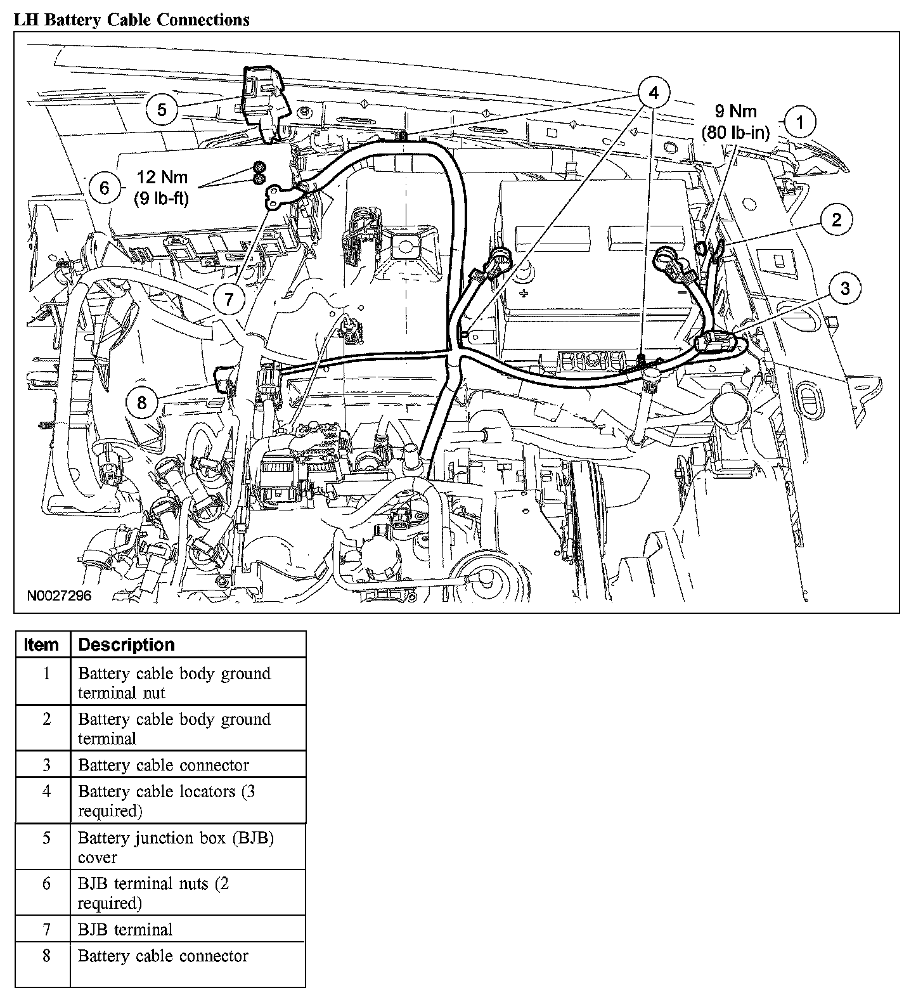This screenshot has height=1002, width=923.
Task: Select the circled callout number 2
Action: [x=837, y=220]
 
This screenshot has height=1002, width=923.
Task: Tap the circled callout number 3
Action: [x=845, y=289]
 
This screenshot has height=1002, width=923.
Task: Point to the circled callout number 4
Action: [x=653, y=93]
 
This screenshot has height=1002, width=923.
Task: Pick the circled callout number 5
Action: [x=162, y=110]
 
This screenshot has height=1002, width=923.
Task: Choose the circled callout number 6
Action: [x=105, y=188]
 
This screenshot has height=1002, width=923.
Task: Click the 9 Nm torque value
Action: [x=735, y=112]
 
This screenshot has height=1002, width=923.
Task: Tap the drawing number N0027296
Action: [x=60, y=596]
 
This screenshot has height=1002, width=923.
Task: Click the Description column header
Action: [x=126, y=645]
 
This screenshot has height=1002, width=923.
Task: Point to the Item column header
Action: [x=41, y=645]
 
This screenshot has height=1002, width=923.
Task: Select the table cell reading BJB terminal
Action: [x=125, y=930]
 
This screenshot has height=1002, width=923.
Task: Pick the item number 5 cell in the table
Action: [x=46, y=838]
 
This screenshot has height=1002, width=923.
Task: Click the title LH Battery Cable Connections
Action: [x=132, y=20]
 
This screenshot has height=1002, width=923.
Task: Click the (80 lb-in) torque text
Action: [x=735, y=133]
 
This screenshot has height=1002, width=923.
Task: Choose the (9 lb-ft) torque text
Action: [x=161, y=198]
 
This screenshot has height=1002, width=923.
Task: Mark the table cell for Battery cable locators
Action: [x=166, y=801]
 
